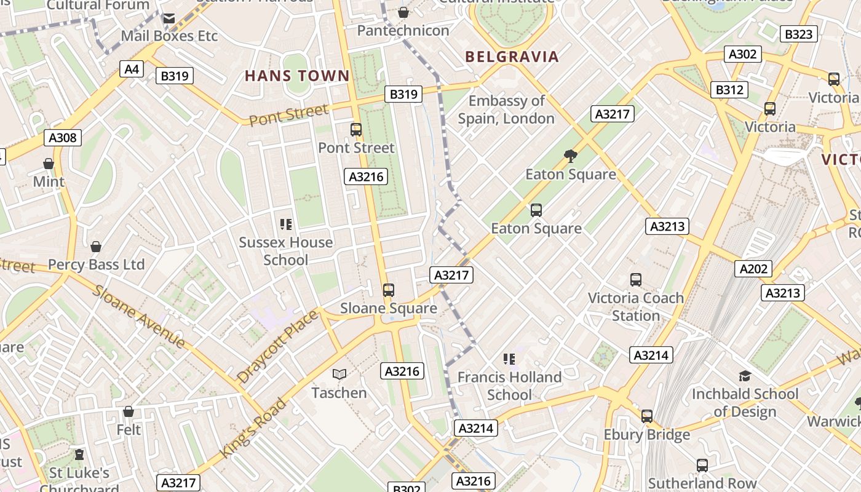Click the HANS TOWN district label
[297, 76]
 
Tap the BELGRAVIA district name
[512, 57]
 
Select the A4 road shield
[132, 68]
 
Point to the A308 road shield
[63, 137]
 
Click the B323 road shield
[798, 34]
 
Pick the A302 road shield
[742, 54]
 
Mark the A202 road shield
[753, 268]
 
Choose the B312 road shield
[729, 90]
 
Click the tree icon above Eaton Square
[571, 156]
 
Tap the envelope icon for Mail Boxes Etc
[169, 18]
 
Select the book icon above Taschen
[339, 374]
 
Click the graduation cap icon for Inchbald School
[745, 376]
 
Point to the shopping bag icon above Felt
[129, 411]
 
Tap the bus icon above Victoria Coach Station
[636, 280]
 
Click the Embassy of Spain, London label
[506, 109]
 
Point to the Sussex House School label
[286, 251]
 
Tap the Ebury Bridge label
[646, 435]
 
